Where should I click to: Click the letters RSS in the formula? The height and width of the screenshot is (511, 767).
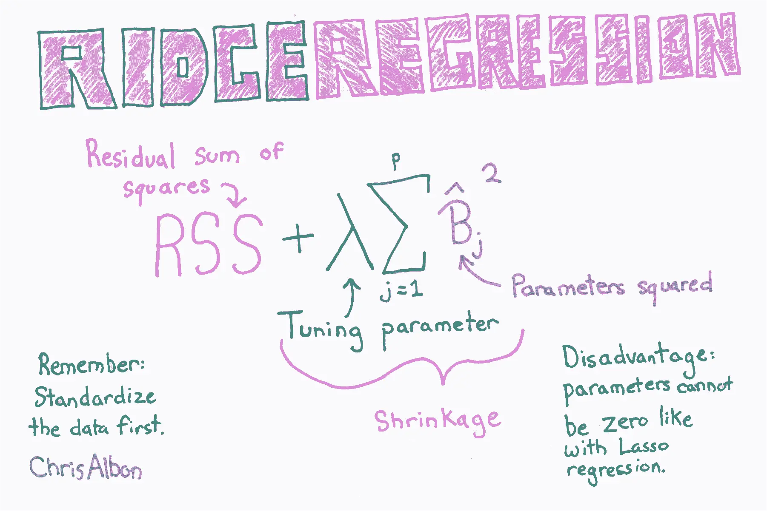point(209,244)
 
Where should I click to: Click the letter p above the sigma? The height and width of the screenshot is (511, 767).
point(396,161)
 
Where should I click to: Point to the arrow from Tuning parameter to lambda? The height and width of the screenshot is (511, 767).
point(352,295)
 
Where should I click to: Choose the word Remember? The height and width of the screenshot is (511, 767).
point(92,364)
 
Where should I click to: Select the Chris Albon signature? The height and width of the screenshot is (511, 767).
point(86,468)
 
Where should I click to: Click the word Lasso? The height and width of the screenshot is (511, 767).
point(644,447)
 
